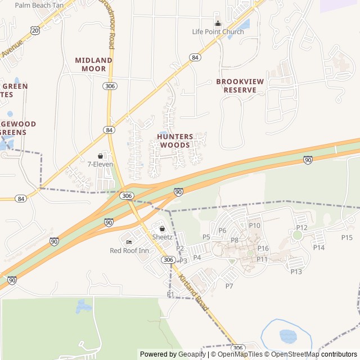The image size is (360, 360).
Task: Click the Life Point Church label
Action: (x=218, y=32)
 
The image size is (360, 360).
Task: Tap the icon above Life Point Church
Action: (x=218, y=23)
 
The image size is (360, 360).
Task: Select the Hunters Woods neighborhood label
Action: (x=175, y=141)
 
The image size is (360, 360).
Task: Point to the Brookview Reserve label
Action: (x=240, y=85)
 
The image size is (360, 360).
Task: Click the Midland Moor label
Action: (x=93, y=64)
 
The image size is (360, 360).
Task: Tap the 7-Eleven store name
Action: (x=100, y=164)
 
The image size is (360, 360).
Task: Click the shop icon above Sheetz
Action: (x=163, y=229)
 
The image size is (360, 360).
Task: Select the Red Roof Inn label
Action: (x=129, y=251)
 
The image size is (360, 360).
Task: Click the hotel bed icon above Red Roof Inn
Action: (x=129, y=242)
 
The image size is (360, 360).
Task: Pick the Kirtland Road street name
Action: (x=193, y=294)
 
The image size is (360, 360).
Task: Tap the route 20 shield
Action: (x=35, y=31)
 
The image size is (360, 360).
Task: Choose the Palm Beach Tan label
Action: (x=39, y=5)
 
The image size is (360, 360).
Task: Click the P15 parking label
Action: (x=346, y=237)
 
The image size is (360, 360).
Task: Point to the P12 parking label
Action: (x=301, y=227)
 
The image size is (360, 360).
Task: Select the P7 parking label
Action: (x=229, y=286)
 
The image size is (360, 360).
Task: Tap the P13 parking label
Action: (x=296, y=272)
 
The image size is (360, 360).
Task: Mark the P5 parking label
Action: (x=206, y=237)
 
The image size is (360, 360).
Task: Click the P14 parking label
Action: (x=319, y=247)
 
